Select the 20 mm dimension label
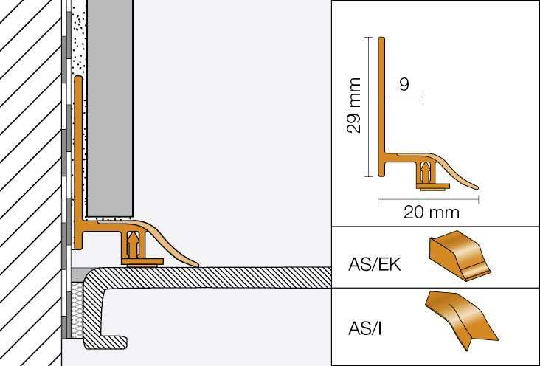point(432,213)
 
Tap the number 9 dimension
point(404,85)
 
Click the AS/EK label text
point(374,263)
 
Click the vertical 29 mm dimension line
point(367,107)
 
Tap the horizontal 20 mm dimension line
point(428,198)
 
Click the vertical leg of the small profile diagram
point(382,96)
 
